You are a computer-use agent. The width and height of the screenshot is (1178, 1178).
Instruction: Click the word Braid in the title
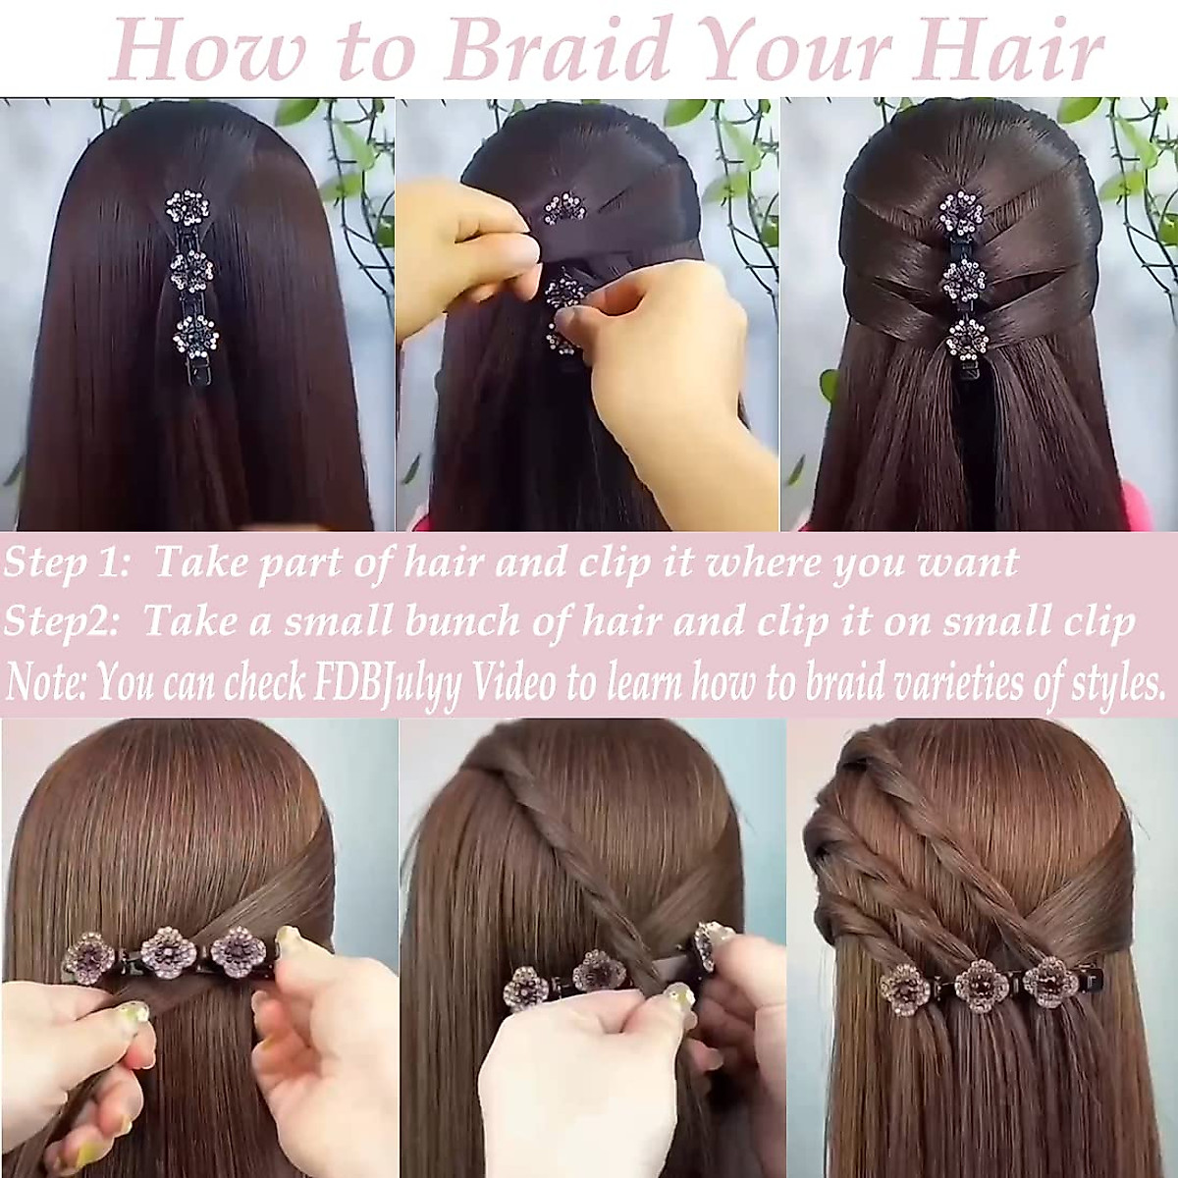tap(561, 51)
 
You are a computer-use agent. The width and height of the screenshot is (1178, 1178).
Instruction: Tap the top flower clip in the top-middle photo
tap(566, 207)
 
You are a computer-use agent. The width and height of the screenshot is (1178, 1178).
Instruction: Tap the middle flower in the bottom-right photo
tap(975, 984)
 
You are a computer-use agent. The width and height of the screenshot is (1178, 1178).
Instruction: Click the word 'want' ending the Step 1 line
tap(973, 563)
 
